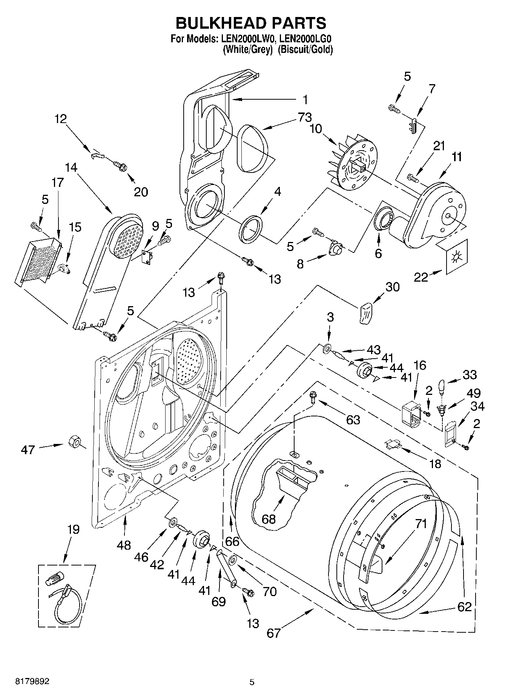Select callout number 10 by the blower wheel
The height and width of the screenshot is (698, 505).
tap(316, 129)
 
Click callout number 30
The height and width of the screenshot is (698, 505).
tap(392, 287)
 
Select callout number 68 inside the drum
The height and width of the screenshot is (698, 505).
tap(269, 519)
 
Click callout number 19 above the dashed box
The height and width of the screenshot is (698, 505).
tap(73, 529)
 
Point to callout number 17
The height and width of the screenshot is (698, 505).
tap(58, 182)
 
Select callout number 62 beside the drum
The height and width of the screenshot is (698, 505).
tap(464, 607)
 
